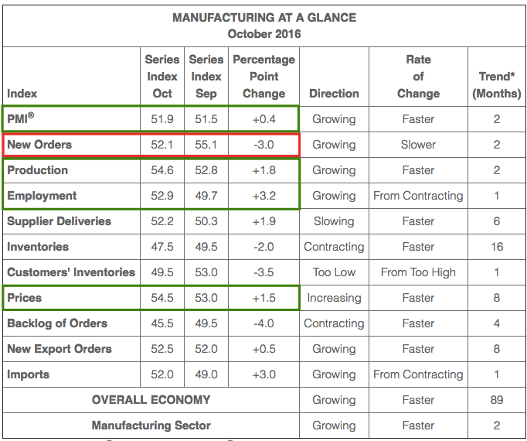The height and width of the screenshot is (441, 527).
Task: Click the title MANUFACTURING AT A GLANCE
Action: [263, 17]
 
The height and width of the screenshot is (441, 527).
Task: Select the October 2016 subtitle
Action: [263, 33]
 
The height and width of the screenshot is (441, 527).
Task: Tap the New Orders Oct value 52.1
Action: [162, 145]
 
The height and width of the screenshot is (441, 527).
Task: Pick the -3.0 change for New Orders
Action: [263, 145]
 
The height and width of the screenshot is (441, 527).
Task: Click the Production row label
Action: [37, 170]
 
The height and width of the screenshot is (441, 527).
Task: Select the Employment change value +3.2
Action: [263, 196]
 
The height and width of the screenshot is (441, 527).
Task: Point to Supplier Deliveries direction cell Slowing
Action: [334, 221]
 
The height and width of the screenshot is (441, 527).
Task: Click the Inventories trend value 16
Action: [497, 247]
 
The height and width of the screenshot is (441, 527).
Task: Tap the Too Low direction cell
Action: [334, 272]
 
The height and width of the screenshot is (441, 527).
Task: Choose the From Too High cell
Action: [418, 272]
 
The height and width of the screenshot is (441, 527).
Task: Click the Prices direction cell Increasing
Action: [334, 298]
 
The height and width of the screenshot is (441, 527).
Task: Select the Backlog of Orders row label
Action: [57, 323]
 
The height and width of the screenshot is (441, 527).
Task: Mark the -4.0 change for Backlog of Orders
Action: [263, 323]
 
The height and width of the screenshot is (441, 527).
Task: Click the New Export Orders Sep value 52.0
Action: [206, 349]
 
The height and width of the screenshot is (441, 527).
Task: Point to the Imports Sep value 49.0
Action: [206, 374]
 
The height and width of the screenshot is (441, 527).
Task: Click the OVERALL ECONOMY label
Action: [151, 400]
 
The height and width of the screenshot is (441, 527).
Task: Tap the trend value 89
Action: [497, 400]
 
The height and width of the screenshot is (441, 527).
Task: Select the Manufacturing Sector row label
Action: [151, 426]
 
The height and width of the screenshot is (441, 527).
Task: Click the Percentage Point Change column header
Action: [263, 77]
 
